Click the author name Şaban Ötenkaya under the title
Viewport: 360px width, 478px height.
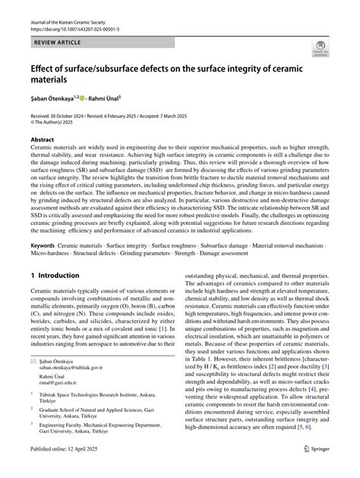pos(51,99)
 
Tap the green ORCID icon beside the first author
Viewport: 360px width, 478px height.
pos(85,99)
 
